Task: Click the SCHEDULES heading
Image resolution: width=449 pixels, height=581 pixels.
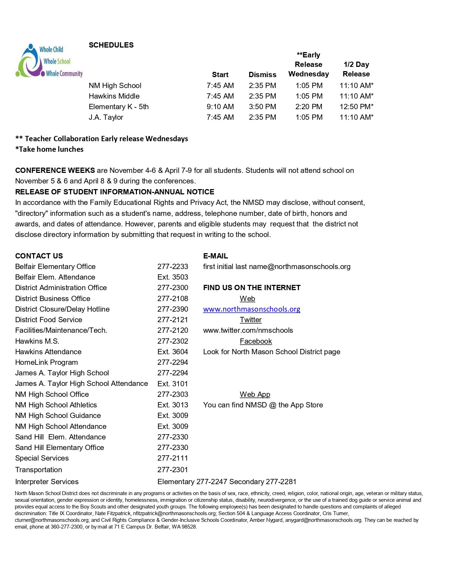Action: [111, 45]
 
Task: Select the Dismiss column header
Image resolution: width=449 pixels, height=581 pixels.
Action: [262, 75]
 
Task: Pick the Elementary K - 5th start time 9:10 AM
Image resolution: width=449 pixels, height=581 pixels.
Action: [220, 107]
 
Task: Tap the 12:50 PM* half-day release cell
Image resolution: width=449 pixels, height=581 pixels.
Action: [356, 107]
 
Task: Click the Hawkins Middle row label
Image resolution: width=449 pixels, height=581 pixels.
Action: [114, 96]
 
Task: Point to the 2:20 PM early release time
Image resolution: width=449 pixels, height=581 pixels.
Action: [309, 107]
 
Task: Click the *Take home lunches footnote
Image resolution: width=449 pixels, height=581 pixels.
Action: [49, 149]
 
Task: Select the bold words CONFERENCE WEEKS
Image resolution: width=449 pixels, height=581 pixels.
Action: [55, 170]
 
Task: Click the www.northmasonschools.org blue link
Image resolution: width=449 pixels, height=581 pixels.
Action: [251, 309]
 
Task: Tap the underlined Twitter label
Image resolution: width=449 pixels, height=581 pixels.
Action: [251, 320]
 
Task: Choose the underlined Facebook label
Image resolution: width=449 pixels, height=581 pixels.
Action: [256, 341]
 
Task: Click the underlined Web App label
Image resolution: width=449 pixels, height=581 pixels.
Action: [255, 394]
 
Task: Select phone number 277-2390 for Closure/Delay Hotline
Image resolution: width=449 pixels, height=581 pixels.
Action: [173, 309]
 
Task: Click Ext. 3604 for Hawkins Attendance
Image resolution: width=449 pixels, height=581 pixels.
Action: [173, 352]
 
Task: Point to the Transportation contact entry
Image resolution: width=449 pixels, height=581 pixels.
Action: [39, 470]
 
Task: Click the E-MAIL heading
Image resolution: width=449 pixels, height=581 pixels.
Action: [216, 256]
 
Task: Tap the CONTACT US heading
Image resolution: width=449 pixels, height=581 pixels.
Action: [39, 256]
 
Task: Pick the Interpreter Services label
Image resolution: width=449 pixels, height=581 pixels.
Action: [47, 482]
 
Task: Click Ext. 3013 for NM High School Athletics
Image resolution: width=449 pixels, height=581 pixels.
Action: [173, 405]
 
